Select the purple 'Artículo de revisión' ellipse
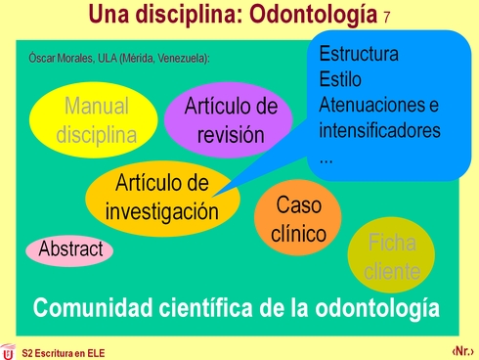coord(231,120)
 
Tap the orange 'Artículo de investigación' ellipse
coord(162,197)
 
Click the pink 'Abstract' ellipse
coord(70,250)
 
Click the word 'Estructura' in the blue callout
coord(359,54)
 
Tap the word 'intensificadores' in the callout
coord(380,129)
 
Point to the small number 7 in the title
coord(388,18)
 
